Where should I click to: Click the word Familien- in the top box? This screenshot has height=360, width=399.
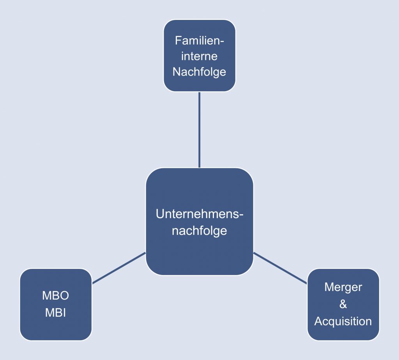(199, 41)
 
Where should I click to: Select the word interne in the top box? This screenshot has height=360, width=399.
(199, 56)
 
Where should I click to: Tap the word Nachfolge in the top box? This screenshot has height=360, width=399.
(199, 72)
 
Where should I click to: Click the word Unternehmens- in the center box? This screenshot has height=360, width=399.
(199, 214)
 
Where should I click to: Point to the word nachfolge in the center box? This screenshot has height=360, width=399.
(199, 231)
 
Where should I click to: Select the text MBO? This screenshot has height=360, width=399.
(55, 296)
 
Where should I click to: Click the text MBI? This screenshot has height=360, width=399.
(55, 313)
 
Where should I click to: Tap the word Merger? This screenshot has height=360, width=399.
(343, 288)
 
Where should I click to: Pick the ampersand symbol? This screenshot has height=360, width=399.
(343, 304)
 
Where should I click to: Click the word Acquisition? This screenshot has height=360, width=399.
(343, 321)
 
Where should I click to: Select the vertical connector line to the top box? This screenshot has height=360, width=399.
(199, 130)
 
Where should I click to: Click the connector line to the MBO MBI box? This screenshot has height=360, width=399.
(119, 268)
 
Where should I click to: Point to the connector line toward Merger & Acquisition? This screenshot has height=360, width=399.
(280, 268)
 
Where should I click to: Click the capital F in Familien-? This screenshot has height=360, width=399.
(178, 41)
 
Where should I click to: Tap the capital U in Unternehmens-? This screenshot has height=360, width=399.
(160, 214)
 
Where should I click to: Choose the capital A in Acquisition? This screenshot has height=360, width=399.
(319, 321)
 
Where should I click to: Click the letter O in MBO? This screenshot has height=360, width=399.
(64, 296)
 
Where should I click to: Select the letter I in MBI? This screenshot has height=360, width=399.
(65, 313)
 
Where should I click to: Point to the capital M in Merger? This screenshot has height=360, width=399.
(329, 287)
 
